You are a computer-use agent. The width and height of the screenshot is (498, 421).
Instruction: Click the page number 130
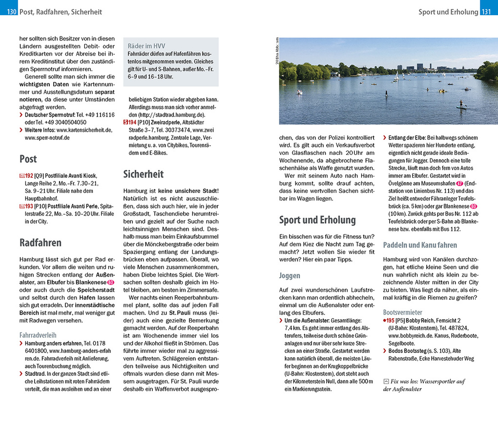12,12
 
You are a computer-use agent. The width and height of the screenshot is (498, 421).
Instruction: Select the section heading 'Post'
28,159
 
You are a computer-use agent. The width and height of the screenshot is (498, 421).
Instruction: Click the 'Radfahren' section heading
41,243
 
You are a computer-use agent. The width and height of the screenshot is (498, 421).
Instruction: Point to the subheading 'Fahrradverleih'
38,335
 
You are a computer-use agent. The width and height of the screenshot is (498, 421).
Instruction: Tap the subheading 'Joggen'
290,276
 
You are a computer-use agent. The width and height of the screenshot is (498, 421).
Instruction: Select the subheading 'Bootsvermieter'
403,312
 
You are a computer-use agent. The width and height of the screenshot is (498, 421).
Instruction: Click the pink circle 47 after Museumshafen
459,183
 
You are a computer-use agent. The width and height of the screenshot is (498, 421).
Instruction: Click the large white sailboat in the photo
396,77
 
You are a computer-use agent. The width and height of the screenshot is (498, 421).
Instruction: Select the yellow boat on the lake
441,91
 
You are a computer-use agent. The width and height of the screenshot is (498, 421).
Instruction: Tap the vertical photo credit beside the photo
276,52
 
